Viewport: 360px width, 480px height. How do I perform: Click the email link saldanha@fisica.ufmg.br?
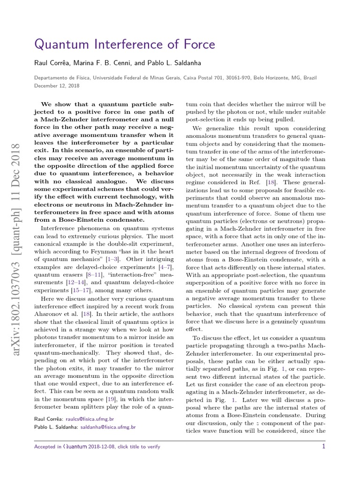tap(109, 427)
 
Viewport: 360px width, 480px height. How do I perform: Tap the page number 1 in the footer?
tap(323, 447)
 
